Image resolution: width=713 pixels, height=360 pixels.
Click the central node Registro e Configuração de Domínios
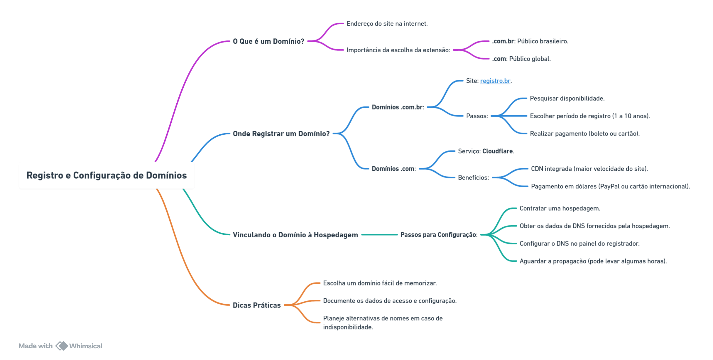click(107, 175)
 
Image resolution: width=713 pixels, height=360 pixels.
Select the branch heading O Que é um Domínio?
click(268, 41)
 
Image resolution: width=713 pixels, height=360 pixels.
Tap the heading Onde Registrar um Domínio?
click(281, 134)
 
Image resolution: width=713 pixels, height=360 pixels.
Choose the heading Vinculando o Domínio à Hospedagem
click(295, 235)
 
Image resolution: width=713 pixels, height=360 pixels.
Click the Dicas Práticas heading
click(257, 305)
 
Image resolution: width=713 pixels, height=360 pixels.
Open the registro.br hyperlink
click(495, 81)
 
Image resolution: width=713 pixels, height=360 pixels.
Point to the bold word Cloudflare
click(498, 151)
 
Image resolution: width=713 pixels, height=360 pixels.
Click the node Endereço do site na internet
click(387, 23)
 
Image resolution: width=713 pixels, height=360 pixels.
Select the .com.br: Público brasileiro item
click(530, 41)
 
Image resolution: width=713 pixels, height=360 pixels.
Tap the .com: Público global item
click(521, 59)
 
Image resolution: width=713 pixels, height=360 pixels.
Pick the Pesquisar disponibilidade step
click(567, 98)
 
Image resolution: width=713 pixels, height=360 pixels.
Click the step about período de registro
click(590, 116)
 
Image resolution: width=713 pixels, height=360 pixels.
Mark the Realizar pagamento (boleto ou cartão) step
click(585, 133)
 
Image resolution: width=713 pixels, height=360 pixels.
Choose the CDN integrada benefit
click(589, 169)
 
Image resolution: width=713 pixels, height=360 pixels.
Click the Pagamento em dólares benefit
click(610, 186)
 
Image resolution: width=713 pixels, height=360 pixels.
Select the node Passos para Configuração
click(439, 235)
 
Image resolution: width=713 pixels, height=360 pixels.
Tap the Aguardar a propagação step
click(593, 261)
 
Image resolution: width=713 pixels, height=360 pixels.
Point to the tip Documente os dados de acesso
click(390, 301)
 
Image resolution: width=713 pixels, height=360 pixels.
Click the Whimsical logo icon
click(62, 346)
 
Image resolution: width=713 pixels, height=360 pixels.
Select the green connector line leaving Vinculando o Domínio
click(379, 235)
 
